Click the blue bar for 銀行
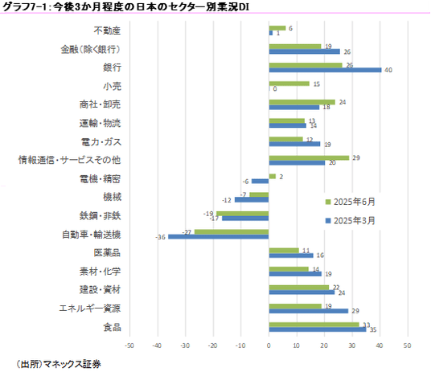coord(325,70)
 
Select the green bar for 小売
coord(289,84)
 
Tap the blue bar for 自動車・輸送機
coord(218,236)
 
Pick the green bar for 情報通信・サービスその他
coord(309,158)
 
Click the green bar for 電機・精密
coord(272,176)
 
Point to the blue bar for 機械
coord(252,200)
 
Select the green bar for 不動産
coord(277,28)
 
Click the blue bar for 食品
coord(318,329)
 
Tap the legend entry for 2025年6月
coord(351,202)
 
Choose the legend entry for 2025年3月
coord(351,221)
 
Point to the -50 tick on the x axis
coord(129,345)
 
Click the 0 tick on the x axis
coord(269,345)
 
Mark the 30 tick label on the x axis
coord(352,345)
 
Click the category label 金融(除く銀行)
coord(91,50)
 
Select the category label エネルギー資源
coord(90,309)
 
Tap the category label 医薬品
coord(107,253)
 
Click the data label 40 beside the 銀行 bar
coord(388,70)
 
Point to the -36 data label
coord(161,237)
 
